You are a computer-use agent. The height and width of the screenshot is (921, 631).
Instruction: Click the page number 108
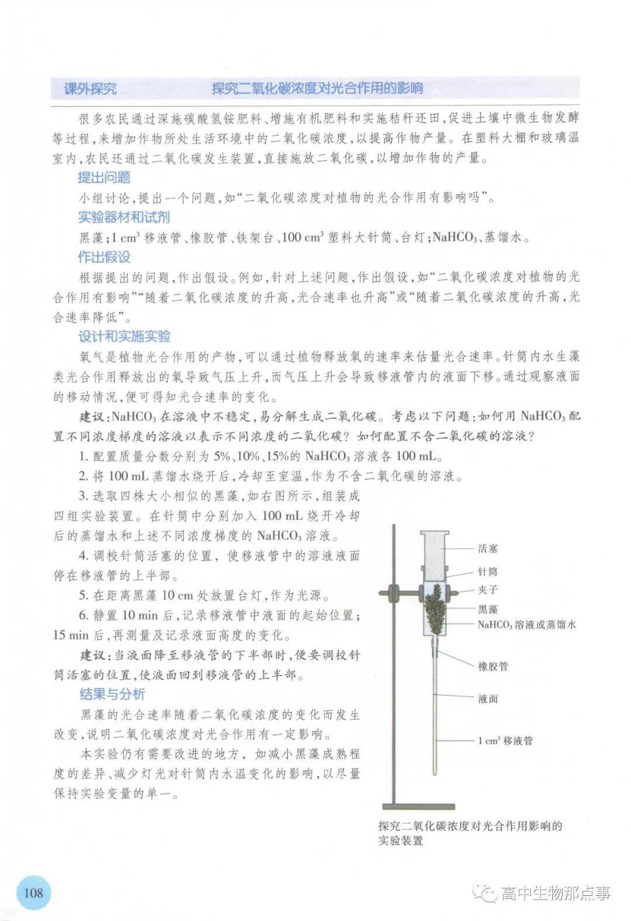(34, 892)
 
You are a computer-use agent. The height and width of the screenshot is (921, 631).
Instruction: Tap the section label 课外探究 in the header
(90, 89)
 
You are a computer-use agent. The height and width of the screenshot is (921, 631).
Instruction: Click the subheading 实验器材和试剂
(124, 217)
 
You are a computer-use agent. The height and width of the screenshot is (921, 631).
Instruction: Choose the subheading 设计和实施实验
(124, 336)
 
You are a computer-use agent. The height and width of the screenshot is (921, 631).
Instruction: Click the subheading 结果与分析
(112, 694)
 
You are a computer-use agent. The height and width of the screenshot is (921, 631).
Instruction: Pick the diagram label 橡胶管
(493, 666)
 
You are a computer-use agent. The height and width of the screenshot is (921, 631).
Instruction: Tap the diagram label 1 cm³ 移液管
(505, 741)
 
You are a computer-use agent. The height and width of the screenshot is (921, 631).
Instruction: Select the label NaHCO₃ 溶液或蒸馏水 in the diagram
(526, 625)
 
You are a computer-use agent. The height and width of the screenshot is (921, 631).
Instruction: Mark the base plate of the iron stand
(418, 806)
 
